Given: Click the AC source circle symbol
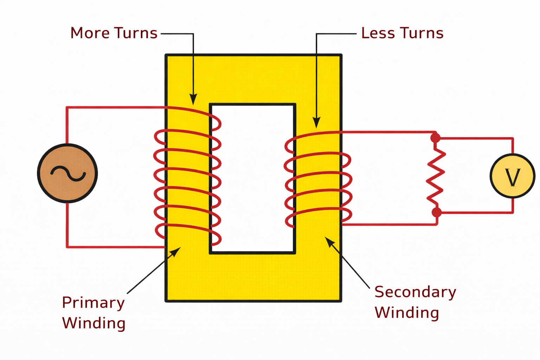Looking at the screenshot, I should pos(67,173).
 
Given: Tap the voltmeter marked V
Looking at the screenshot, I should pos(512,176).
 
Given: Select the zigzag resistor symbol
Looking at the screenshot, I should pos(436,176).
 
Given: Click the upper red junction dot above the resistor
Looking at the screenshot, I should pos(435,138).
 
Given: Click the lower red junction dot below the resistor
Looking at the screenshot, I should pos(436,212).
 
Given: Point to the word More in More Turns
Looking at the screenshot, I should pos(90,33).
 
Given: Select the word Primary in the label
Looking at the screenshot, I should pos(93,303).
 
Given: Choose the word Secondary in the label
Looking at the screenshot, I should pos(415,292).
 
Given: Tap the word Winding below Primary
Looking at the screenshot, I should pos(94,323).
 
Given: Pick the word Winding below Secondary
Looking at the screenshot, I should pos(407,313).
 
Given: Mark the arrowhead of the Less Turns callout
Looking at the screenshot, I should pos(316,123).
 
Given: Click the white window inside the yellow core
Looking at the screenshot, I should pos(252,178).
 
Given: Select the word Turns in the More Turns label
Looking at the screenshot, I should pos(136,33).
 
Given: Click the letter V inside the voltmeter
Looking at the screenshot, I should pos(512,178).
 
